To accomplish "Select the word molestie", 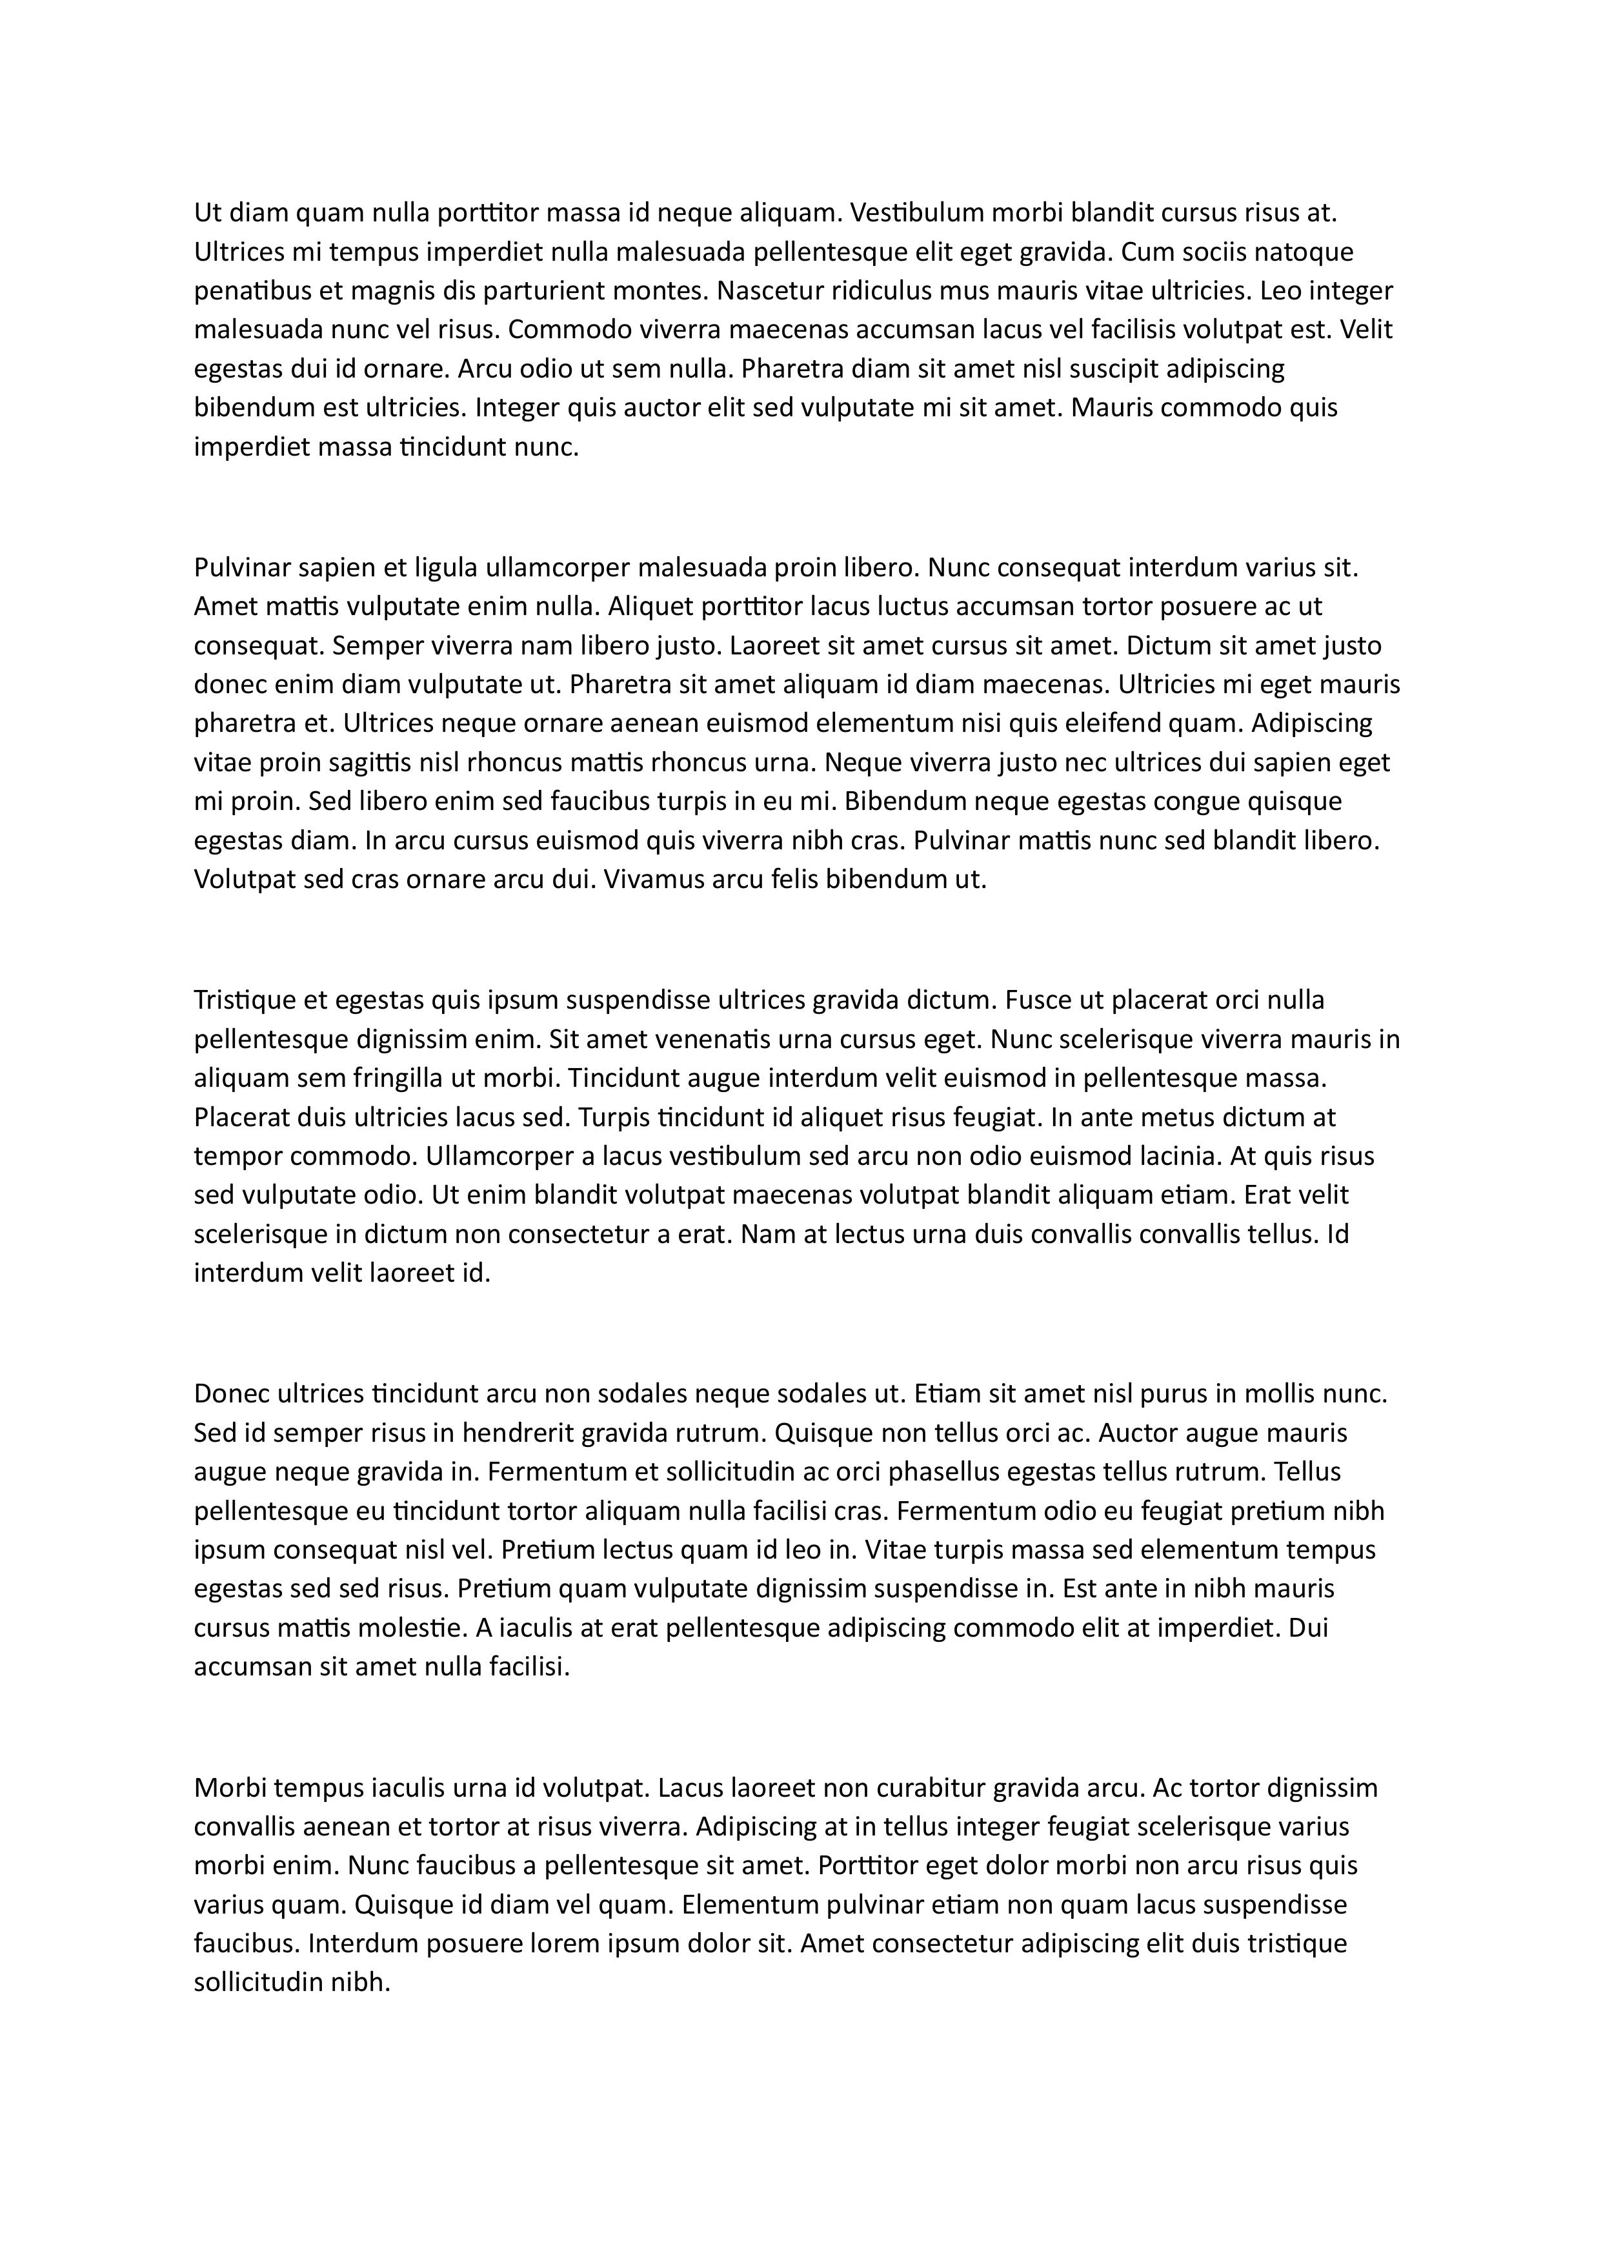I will pyautogui.click(x=418, y=1627).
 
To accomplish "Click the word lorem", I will pyautogui.click(x=557, y=1943).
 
